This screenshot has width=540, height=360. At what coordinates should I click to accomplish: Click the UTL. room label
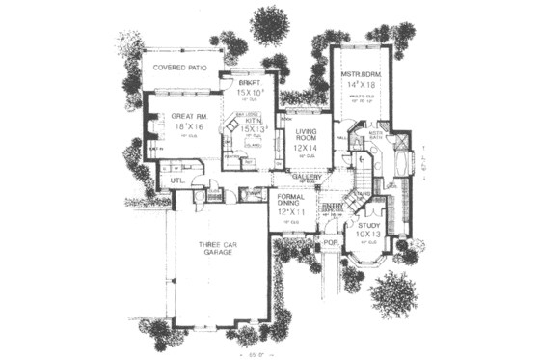click(x=178, y=181)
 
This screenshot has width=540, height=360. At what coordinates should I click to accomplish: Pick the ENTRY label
click(x=332, y=206)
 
